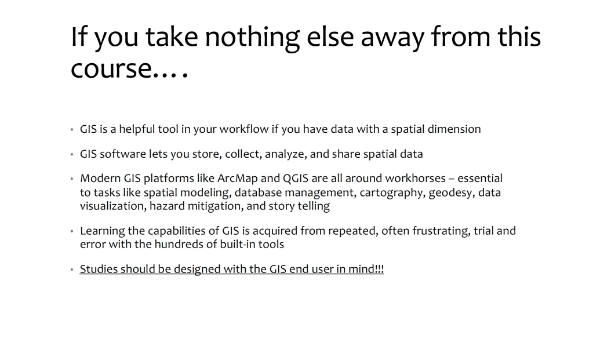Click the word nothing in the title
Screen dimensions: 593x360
pos(252,38)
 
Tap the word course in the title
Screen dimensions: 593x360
pos(111,69)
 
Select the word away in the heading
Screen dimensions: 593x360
pos(392,38)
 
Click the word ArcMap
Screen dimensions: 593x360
pos(238,178)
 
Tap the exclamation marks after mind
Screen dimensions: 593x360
pos(379,269)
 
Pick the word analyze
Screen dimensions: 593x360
pos(286,154)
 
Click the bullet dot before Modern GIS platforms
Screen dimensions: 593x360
pos(72,179)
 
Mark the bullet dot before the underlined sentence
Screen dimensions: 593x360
pos(72,270)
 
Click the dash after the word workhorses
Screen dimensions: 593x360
pos(452,179)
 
